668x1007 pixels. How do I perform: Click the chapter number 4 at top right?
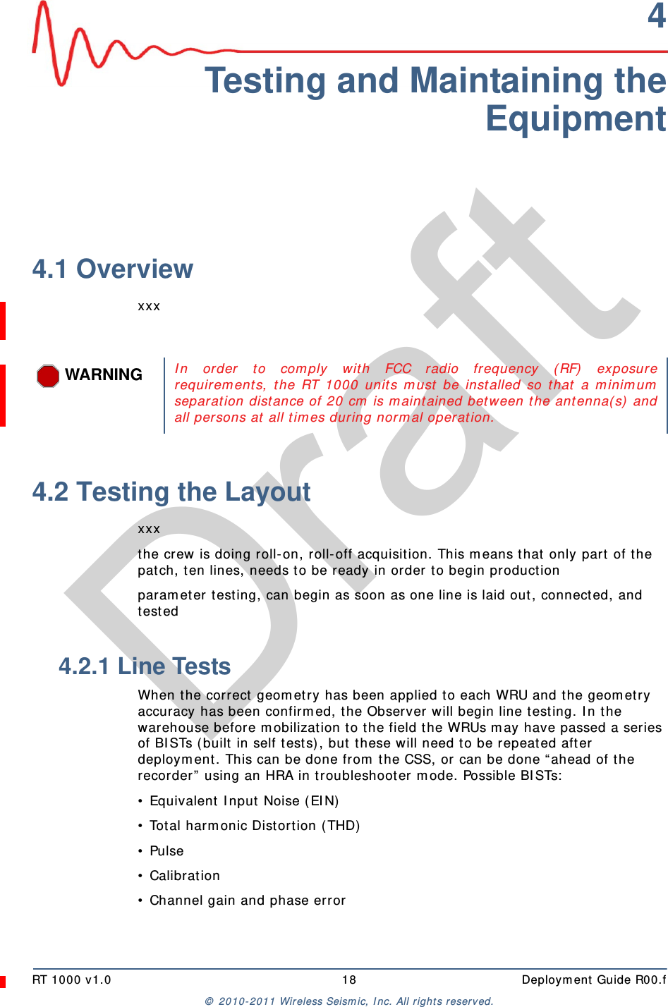point(656,16)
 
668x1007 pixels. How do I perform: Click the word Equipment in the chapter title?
point(575,118)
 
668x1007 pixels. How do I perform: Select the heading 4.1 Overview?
point(113,269)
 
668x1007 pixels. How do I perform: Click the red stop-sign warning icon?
point(48,375)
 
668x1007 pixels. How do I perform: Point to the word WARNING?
point(104,374)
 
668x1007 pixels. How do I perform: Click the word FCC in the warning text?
point(398,369)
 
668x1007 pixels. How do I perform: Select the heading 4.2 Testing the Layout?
point(171,492)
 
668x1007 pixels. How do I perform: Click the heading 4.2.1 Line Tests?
point(145,666)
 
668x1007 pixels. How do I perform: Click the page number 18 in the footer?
point(349,979)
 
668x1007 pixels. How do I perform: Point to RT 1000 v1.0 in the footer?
point(72,979)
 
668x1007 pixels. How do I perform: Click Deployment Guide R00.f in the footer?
point(593,979)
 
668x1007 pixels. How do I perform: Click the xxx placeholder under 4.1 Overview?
point(149,306)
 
